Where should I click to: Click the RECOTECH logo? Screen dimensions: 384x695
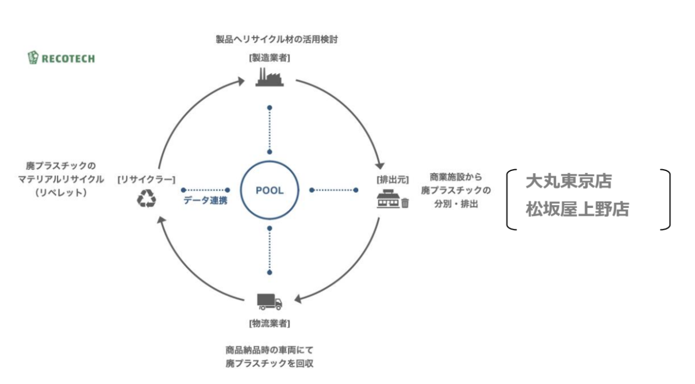(61, 58)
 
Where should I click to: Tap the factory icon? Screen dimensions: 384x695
(269, 77)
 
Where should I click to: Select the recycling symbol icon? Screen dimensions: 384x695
(146, 199)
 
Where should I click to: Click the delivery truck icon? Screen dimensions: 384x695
(269, 301)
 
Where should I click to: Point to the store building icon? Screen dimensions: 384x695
(388, 199)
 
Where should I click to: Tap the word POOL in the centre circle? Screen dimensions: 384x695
(269, 191)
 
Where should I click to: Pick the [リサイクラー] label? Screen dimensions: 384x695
(146, 180)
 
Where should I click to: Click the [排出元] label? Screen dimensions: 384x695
(393, 180)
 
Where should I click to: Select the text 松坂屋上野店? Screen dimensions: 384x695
(577, 209)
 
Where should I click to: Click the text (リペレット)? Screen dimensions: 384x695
(60, 192)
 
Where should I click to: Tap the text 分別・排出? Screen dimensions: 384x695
(456, 204)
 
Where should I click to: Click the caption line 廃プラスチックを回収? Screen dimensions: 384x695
(269, 363)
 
